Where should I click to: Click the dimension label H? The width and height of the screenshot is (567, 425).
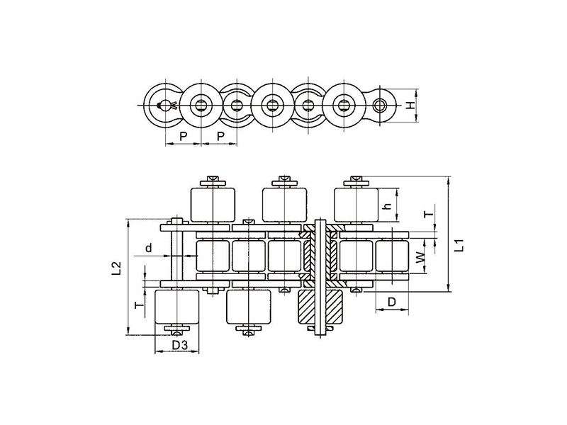point(410,106)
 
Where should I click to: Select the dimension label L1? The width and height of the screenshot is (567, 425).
point(459,246)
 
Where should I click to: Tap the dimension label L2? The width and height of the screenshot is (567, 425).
point(116,269)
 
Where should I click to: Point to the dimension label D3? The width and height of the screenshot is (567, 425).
point(180,346)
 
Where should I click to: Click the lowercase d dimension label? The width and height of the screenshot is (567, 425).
point(149,248)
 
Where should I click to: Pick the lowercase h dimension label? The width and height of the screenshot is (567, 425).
point(387,206)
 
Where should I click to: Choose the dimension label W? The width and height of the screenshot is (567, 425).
point(420,257)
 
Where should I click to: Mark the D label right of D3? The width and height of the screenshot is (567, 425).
point(392,302)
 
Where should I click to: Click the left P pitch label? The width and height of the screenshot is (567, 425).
point(184,137)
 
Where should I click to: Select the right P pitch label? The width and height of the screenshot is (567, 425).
point(220,137)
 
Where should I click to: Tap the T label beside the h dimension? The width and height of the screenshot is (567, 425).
point(429,215)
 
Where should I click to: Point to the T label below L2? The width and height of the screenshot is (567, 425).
point(139,305)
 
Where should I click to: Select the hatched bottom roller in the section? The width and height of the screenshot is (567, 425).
point(320,307)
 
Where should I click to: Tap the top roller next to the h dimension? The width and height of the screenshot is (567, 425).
point(357,205)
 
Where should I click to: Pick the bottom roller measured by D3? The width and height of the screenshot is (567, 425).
point(176,307)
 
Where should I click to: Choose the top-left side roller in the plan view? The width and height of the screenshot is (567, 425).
point(213,205)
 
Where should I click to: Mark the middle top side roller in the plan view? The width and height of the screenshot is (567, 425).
point(285,205)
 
